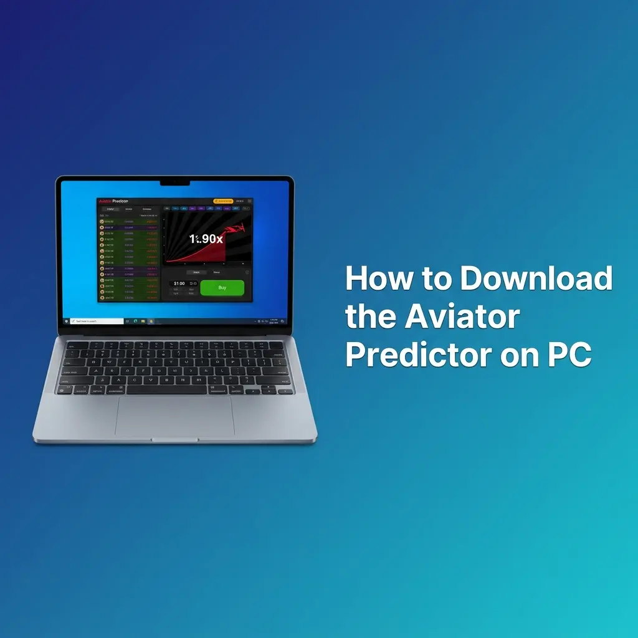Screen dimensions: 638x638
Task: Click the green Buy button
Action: tap(222, 287)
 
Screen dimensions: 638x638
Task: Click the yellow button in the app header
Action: tap(223, 201)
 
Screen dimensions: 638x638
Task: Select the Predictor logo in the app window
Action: tap(113, 201)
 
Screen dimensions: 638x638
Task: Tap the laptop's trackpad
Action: tap(175, 416)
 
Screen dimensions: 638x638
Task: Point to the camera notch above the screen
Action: tap(174, 183)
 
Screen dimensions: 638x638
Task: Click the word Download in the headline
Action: tap(536, 279)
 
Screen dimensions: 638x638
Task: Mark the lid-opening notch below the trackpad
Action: tap(175, 440)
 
